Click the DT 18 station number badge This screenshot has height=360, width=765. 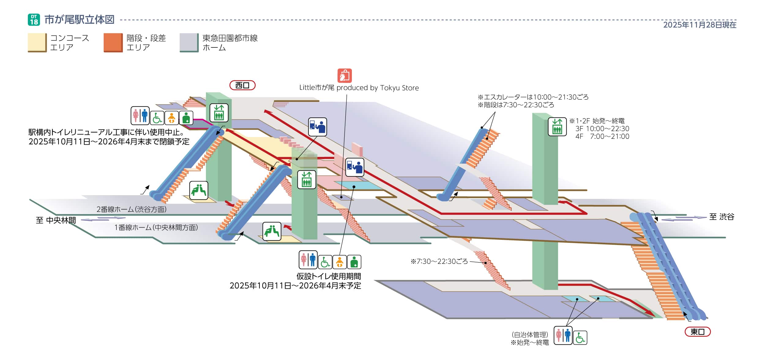pyautogui.click(x=34, y=20)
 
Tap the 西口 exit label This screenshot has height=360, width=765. pyautogui.click(x=242, y=85)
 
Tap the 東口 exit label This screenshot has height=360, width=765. pyautogui.click(x=697, y=332)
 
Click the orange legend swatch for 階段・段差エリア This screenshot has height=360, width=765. pyautogui.click(x=113, y=43)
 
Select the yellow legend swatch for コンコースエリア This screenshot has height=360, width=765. pyautogui.click(x=37, y=43)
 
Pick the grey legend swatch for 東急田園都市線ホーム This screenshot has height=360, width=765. pyautogui.click(x=189, y=43)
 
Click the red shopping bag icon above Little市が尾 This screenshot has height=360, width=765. pyautogui.click(x=345, y=76)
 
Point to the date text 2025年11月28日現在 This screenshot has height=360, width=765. pyautogui.click(x=700, y=25)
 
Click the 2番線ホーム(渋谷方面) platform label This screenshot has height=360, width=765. pyautogui.click(x=132, y=210)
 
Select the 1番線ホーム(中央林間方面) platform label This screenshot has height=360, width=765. pyautogui.click(x=156, y=228)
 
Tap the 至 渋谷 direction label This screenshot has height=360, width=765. pyautogui.click(x=722, y=217)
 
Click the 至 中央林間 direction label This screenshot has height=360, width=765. pyautogui.click(x=56, y=220)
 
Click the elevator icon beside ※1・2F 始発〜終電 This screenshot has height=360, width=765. pyautogui.click(x=557, y=127)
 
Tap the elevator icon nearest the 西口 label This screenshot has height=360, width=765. pyautogui.click(x=219, y=113)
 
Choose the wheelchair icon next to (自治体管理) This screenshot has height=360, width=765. pyautogui.click(x=580, y=338)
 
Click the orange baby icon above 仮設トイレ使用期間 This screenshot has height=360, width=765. pyautogui.click(x=339, y=262)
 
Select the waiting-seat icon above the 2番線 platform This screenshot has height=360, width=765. pyautogui.click(x=199, y=190)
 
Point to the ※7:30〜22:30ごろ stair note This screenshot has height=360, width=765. pyautogui.click(x=439, y=262)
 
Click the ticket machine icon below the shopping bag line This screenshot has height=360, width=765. pyautogui.click(x=355, y=167)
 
